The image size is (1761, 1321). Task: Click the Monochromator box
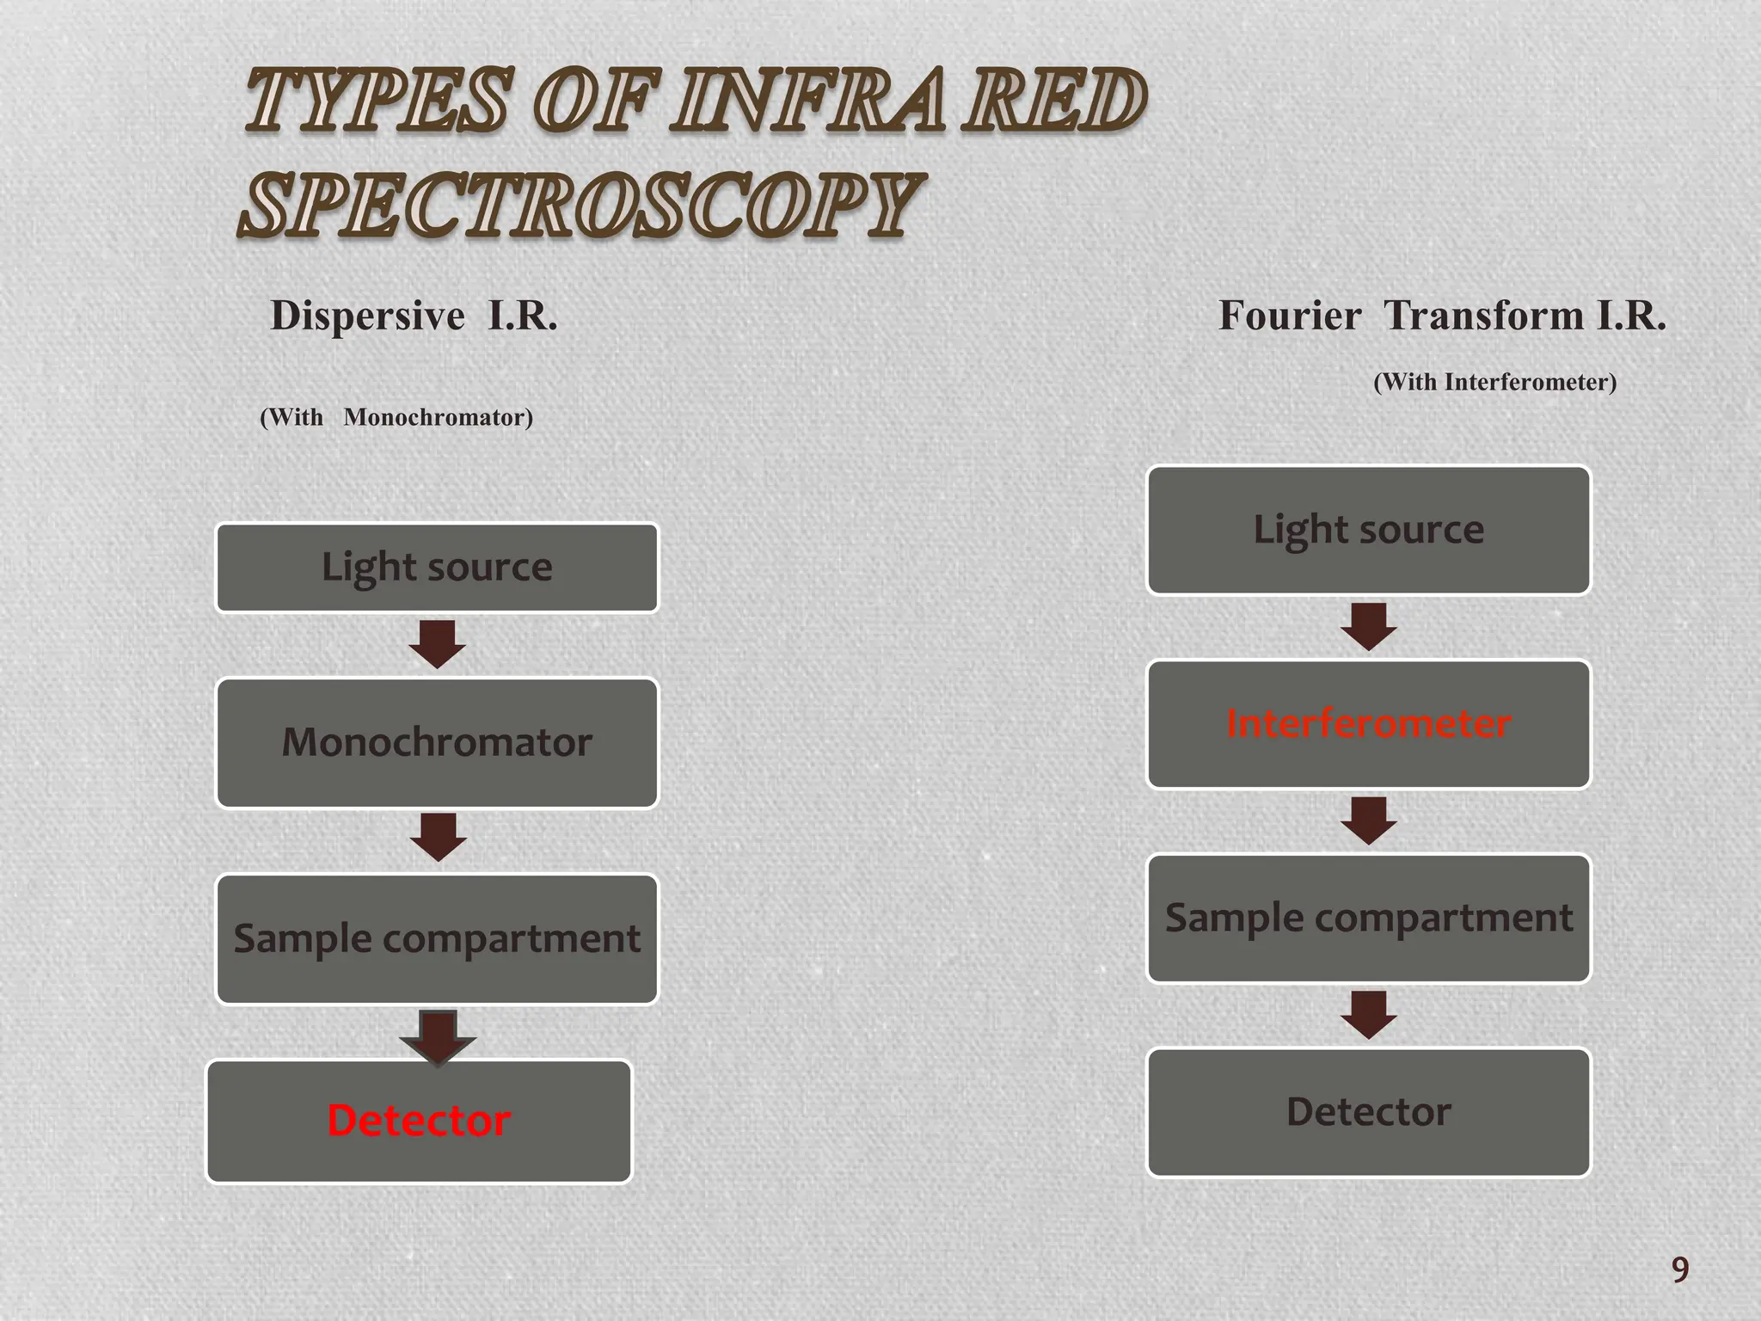(x=437, y=742)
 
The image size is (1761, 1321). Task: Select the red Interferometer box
(x=1368, y=724)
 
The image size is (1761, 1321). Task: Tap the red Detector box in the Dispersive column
(x=419, y=1121)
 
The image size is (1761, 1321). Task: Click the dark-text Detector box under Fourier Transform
(x=1368, y=1112)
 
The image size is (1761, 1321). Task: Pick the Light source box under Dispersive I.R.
(x=437, y=568)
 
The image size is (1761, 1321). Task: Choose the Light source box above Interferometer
(x=1368, y=530)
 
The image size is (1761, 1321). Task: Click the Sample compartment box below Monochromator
(x=437, y=938)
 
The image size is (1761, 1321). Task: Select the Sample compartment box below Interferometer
(x=1368, y=918)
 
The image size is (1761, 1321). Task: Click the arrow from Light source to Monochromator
(x=437, y=644)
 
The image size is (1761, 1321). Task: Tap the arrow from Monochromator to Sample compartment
(x=438, y=837)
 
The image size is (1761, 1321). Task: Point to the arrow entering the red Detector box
(x=438, y=1036)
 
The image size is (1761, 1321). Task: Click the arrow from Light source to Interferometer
(x=1368, y=626)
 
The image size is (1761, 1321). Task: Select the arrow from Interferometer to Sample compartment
(x=1368, y=820)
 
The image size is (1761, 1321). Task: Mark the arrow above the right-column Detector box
(x=1368, y=1015)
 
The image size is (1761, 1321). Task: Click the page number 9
(x=1679, y=1269)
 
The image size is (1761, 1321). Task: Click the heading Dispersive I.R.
(x=414, y=316)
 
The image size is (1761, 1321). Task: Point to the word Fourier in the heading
(x=1290, y=316)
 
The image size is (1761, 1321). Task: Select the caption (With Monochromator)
(x=396, y=418)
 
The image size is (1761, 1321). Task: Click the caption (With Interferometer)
(x=1494, y=382)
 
